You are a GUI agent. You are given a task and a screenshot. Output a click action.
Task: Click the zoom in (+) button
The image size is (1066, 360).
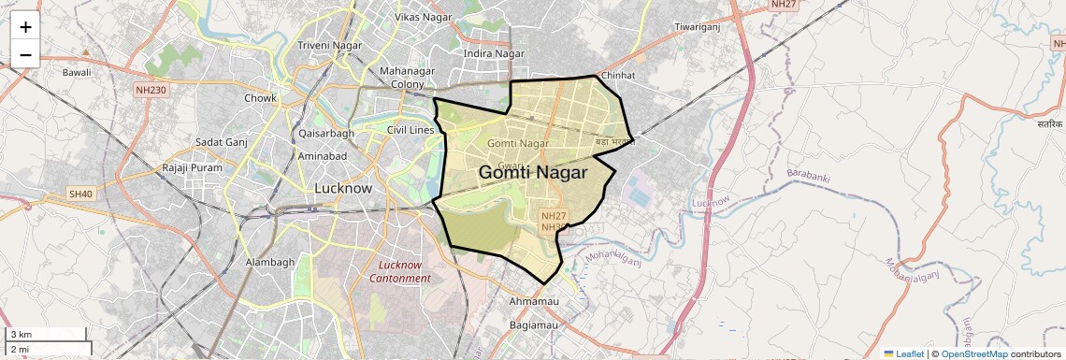tap(25, 27)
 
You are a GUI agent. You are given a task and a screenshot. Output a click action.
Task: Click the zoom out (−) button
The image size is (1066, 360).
tap(25, 54)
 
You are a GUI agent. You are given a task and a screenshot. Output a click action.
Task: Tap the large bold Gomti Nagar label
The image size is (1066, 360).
tap(533, 173)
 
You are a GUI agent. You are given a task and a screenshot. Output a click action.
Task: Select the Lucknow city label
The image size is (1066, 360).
tap(342, 188)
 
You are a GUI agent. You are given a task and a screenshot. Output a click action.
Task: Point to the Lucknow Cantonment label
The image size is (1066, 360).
tap(400, 271)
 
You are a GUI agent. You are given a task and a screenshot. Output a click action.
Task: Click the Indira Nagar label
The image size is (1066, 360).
tap(495, 53)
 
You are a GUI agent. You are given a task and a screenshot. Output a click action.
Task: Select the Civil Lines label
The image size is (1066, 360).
tap(411, 130)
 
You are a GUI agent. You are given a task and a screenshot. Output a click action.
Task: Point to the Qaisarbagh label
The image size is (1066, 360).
tap(325, 133)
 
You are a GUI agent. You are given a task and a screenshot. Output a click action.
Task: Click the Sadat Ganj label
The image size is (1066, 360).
tap(220, 142)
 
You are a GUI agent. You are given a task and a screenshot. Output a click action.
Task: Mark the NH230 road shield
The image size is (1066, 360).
tap(150, 90)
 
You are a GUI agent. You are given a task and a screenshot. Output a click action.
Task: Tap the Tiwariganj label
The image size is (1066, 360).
tap(700, 27)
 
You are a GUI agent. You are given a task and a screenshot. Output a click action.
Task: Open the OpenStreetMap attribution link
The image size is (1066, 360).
tap(973, 353)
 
